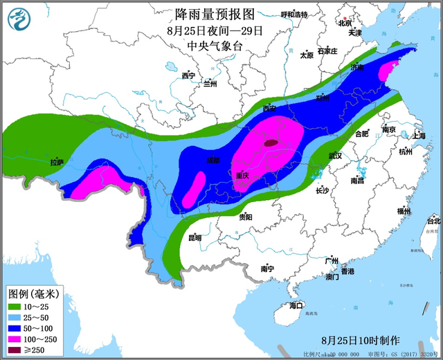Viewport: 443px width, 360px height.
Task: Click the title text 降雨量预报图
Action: coord(206,12)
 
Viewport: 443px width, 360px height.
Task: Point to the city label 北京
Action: coord(345,22)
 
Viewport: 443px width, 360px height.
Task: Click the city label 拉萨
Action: coord(57,163)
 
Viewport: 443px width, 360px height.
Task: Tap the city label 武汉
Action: coord(335,156)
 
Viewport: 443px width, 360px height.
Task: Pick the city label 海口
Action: coord(296,305)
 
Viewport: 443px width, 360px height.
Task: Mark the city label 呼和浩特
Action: coord(293,15)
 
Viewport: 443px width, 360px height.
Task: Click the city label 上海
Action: coord(418,136)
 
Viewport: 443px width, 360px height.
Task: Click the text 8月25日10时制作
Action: coord(361,341)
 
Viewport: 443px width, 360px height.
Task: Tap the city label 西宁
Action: coord(188,75)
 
